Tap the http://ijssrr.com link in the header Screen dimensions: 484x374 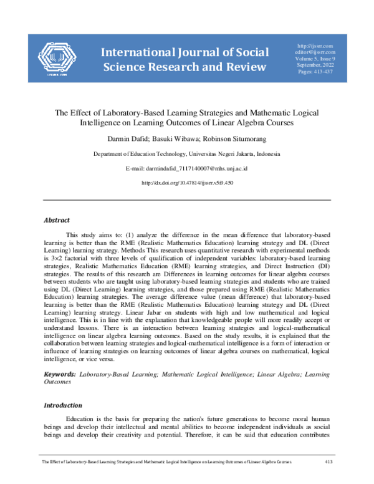(316, 46)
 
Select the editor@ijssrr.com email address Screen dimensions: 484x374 (316, 52)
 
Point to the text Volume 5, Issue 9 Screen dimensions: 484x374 (316, 59)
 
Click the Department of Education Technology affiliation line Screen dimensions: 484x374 (186, 154)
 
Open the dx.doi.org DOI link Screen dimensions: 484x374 (187, 183)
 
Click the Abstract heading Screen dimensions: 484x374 (56, 220)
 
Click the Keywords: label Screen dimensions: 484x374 (60, 374)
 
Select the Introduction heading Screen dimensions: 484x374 (62, 405)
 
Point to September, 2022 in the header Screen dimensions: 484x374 (316, 66)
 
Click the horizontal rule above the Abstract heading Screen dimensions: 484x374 (187, 200)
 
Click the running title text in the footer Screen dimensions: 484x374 (165, 462)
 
